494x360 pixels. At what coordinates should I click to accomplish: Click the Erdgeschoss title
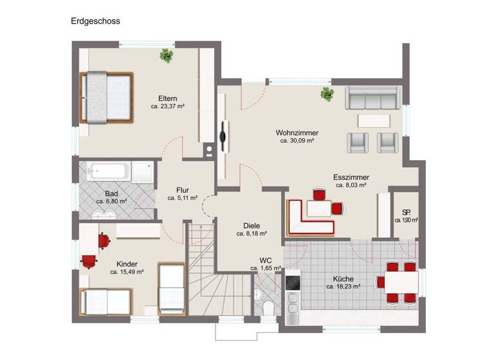[95, 21]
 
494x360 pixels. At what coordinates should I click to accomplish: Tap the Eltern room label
[167, 98]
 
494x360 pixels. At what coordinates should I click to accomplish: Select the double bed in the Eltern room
[106, 98]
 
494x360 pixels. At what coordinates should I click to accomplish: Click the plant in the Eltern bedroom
[167, 56]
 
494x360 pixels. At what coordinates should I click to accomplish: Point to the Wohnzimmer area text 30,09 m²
[297, 141]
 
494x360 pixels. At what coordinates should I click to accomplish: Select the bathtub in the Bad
[109, 172]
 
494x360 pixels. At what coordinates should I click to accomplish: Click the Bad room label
[111, 193]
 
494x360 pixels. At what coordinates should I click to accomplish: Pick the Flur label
[183, 190]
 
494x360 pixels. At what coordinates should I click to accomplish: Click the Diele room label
[252, 226]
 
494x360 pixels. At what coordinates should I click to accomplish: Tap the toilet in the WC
[268, 307]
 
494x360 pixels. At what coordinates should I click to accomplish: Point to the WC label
[266, 260]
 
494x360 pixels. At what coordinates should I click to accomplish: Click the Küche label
[342, 279]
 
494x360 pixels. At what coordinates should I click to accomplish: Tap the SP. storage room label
[406, 212]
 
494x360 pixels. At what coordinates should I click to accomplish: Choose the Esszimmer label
[351, 177]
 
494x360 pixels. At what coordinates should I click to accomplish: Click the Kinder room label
[127, 264]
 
